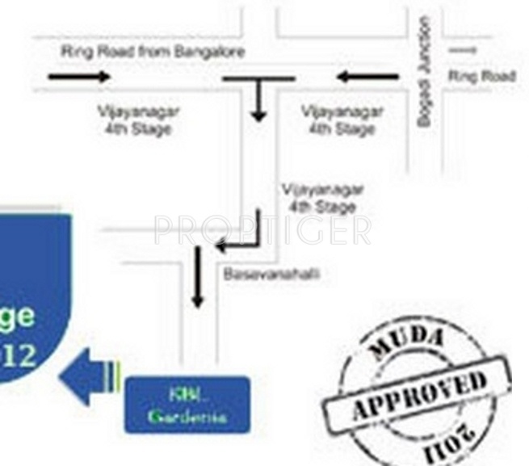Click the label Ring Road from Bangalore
point(153,52)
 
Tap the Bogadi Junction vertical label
point(424,73)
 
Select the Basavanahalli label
point(271,275)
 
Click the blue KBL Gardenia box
point(187,405)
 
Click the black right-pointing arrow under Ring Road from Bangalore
point(79,78)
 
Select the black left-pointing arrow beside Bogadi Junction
point(367,78)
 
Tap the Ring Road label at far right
point(482,77)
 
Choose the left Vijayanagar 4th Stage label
point(139,120)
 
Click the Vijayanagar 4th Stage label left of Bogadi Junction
point(342,120)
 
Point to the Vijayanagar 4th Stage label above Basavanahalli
point(322,198)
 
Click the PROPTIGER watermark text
point(262,229)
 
